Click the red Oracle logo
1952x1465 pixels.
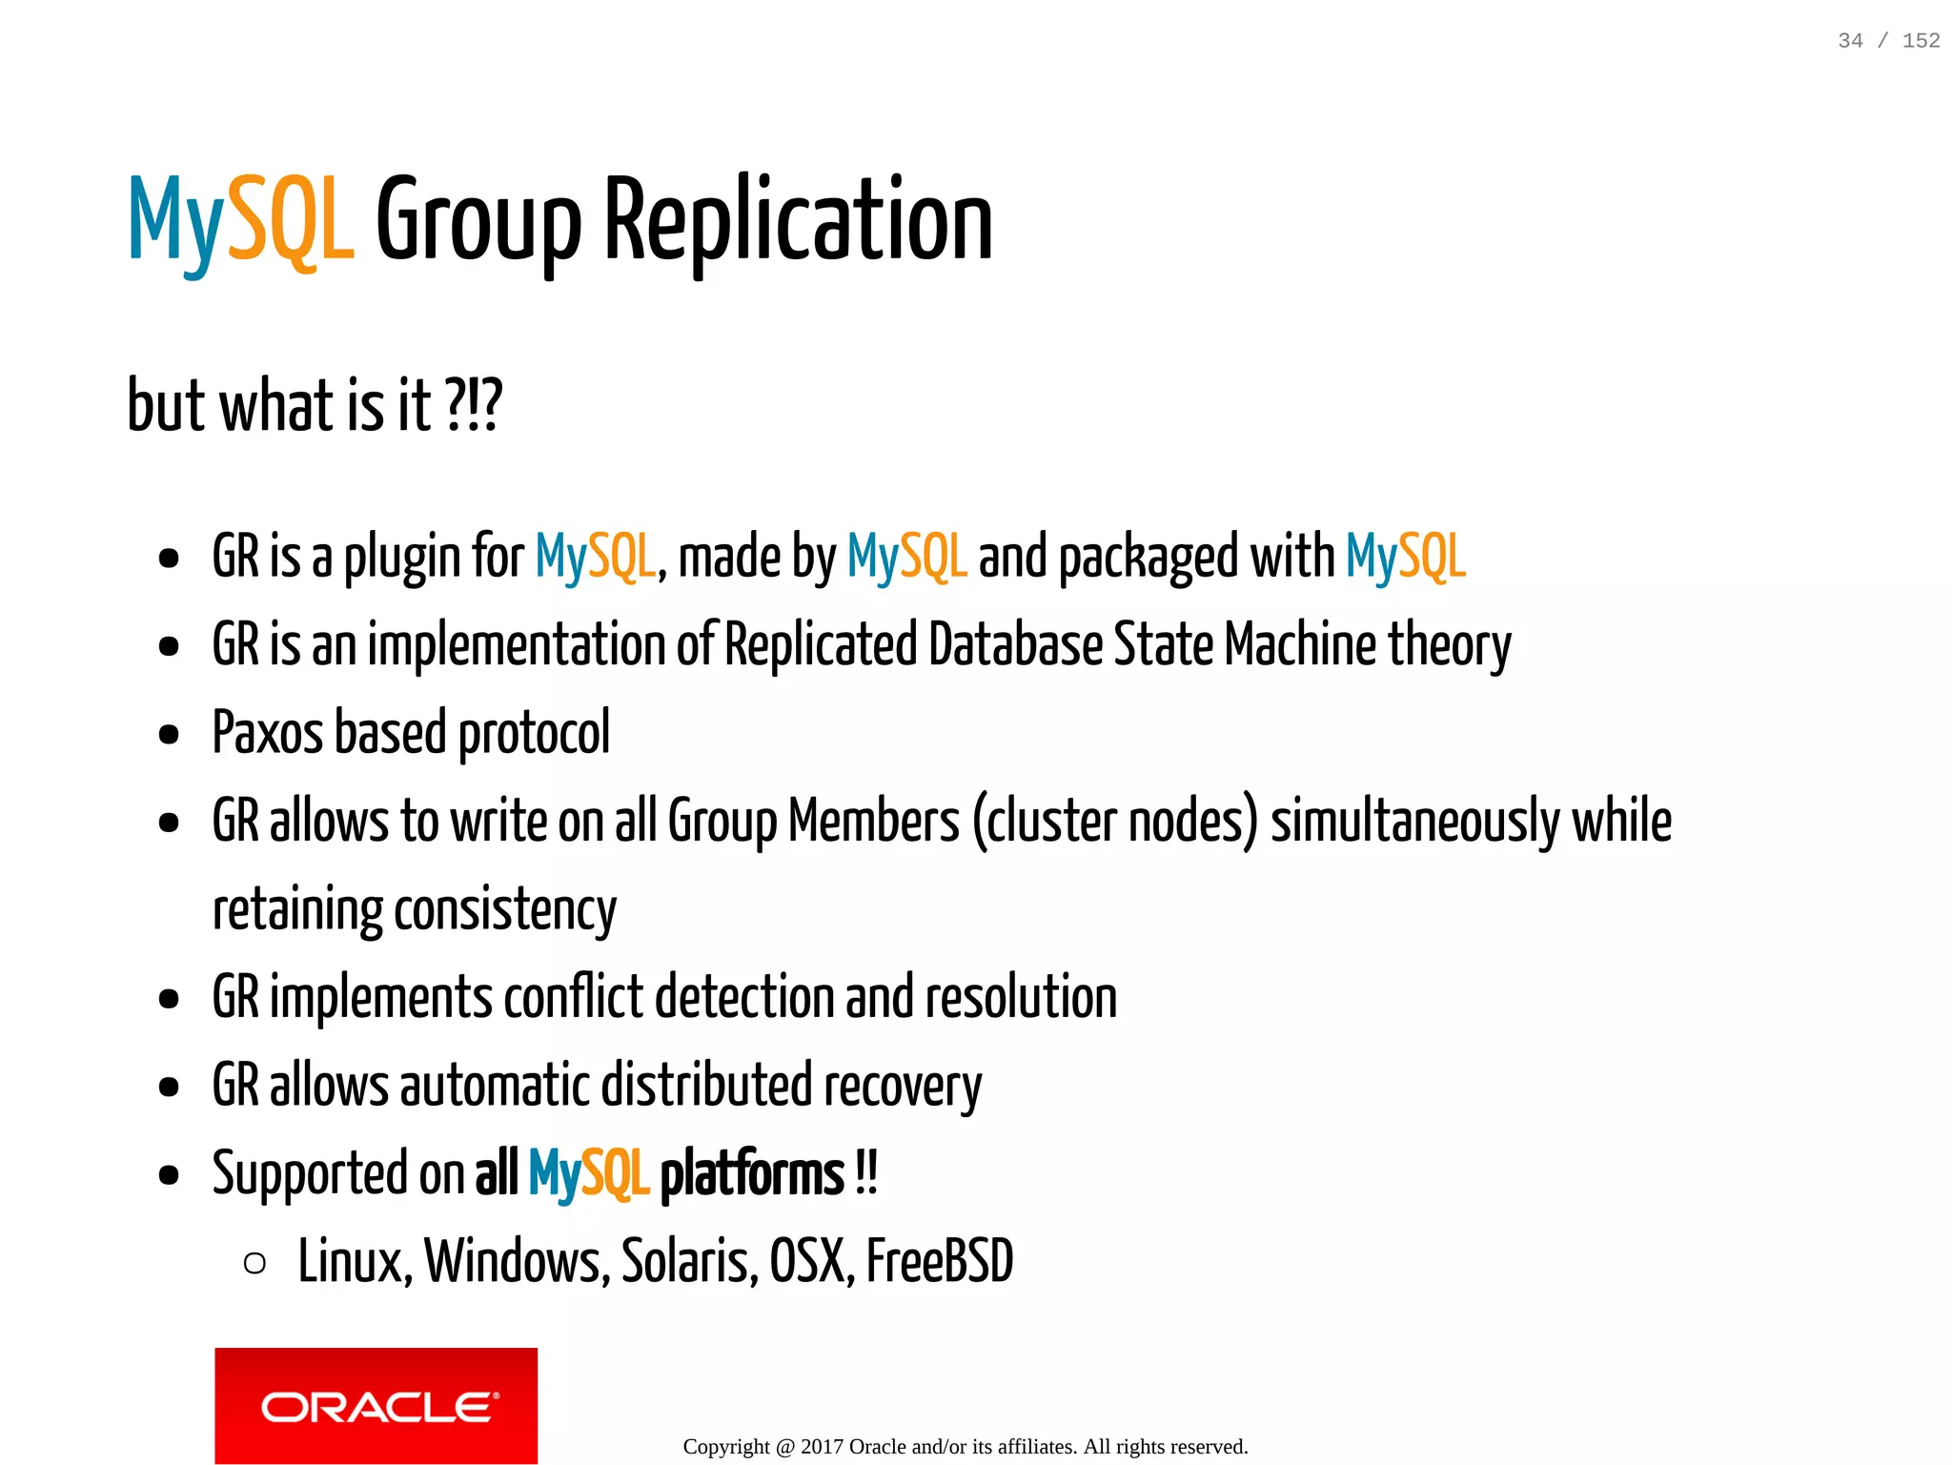pos(376,1405)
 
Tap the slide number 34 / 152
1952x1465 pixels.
pos(1888,41)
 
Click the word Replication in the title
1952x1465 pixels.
pos(799,221)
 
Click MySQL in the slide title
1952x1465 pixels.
pos(241,221)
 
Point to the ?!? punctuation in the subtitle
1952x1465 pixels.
pos(473,406)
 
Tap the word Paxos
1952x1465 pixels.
pos(268,733)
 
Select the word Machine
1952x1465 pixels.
pos(1300,645)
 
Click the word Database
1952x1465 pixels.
pos(1015,645)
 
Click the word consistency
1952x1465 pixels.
pos(505,910)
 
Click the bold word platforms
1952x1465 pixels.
pos(752,1174)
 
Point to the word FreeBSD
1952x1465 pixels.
pos(939,1262)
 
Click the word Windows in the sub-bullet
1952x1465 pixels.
pos(517,1262)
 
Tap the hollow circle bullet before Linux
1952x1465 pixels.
pos(254,1264)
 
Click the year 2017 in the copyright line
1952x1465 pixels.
pos(822,1447)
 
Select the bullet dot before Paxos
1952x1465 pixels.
pos(170,735)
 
